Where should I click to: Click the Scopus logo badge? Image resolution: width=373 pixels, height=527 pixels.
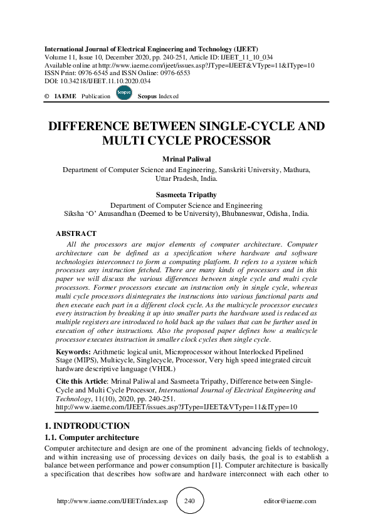[123, 94]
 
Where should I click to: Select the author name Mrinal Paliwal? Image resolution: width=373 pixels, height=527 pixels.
[186, 159]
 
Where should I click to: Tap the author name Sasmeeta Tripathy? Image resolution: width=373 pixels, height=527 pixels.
[186, 195]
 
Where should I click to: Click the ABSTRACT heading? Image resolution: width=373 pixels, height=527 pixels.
[76, 233]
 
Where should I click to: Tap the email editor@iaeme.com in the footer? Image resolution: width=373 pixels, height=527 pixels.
[291, 501]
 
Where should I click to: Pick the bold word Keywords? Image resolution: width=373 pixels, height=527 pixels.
[73, 353]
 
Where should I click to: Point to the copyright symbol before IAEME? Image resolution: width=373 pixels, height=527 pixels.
[46, 96]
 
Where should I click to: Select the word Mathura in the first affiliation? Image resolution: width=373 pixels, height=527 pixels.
[293, 169]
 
